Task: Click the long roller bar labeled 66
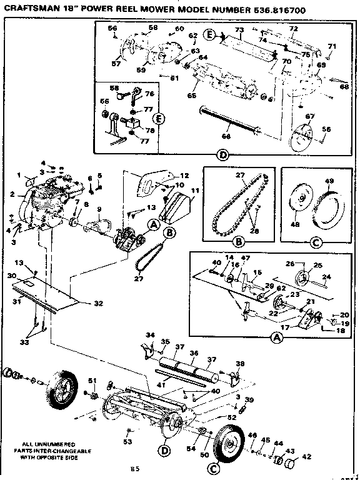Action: [229, 121]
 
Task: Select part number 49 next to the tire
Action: [328, 182]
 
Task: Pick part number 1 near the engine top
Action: [19, 174]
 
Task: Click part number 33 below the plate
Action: [24, 343]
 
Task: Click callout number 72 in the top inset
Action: [311, 29]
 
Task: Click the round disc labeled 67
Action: [306, 137]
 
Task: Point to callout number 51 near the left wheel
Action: [92, 381]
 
